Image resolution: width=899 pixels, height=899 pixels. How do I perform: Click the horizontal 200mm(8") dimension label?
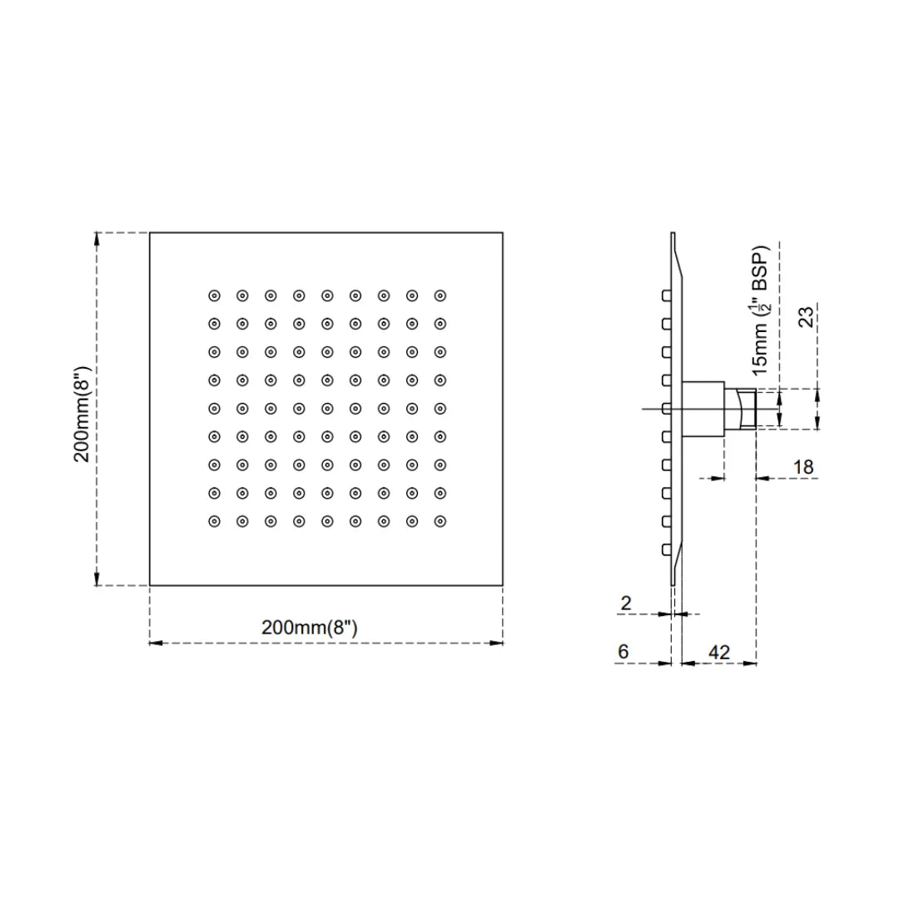point(309,628)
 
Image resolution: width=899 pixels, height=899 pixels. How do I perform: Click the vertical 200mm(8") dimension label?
point(82,409)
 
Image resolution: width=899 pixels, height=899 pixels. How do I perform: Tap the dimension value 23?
point(807,316)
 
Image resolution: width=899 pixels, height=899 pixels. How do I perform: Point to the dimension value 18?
point(802,467)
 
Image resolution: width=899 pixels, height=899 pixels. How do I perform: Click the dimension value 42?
point(718,652)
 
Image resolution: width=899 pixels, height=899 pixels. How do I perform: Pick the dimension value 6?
point(623,652)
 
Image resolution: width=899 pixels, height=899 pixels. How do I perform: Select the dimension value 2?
point(626,603)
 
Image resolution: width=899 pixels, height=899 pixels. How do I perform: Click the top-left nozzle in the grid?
point(214,295)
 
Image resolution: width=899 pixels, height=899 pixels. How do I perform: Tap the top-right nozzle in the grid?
point(440,295)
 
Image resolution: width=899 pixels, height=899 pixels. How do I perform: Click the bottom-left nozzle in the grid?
point(214,521)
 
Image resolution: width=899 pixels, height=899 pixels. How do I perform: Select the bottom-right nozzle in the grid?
point(440,521)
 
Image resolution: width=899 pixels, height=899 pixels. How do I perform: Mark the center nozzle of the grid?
point(327,408)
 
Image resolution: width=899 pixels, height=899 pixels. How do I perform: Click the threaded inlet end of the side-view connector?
point(746,409)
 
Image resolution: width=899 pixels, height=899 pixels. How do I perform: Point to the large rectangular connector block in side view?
point(703,409)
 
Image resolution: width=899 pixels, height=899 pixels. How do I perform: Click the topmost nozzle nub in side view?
point(666,296)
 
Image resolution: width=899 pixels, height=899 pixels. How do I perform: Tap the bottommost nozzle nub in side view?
point(666,549)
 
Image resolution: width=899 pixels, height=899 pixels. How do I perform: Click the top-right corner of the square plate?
point(503,232)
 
